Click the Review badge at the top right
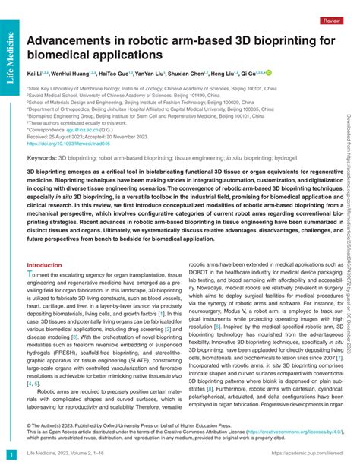click(x=332, y=21)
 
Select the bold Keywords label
click(x=42, y=157)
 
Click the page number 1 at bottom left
click(x=10, y=454)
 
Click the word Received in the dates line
click(x=41, y=136)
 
